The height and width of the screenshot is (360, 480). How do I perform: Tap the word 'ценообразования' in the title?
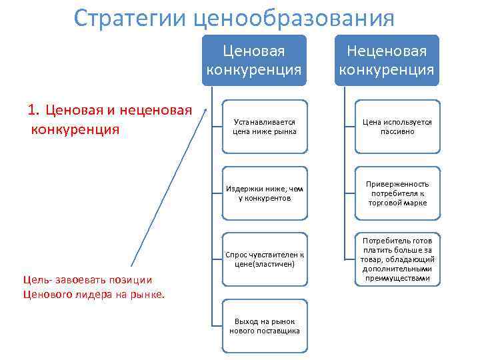click(293, 17)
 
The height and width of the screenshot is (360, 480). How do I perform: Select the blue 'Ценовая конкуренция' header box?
click(254, 60)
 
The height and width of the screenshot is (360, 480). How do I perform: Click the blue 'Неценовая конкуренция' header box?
click(387, 60)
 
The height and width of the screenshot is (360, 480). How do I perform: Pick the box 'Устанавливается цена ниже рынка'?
click(265, 127)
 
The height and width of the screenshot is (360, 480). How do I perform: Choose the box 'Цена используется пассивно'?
click(397, 127)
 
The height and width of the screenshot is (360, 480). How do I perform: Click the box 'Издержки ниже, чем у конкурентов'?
click(265, 193)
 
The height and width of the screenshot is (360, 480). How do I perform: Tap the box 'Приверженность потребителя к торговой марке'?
click(397, 193)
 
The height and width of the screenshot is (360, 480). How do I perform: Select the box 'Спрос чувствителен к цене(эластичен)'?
click(265, 259)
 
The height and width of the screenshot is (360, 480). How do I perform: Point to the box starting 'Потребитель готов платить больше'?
click(397, 259)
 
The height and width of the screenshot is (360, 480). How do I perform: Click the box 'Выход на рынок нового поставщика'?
click(265, 326)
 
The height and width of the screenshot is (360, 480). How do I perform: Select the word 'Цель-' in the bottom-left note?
click(36, 280)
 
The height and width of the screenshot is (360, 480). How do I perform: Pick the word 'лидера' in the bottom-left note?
click(87, 294)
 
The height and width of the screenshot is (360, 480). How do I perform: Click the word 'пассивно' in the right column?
click(397, 132)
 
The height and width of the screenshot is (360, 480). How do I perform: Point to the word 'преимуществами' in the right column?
click(397, 278)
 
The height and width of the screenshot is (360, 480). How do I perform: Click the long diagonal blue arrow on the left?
click(171, 187)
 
